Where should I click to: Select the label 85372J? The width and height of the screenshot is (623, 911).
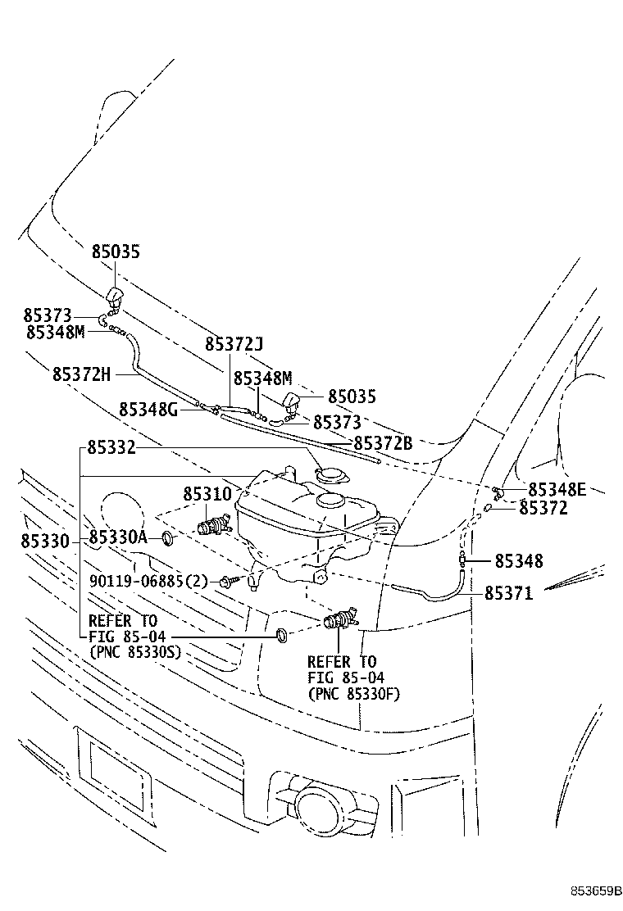[x=234, y=345]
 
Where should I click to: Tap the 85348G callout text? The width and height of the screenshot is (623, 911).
[x=148, y=408]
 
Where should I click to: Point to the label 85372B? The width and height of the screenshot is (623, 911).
[x=382, y=443]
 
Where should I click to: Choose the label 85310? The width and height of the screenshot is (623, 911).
[x=207, y=494]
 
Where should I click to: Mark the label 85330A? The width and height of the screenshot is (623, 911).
[x=118, y=537]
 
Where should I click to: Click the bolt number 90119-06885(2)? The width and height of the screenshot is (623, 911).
[x=148, y=582]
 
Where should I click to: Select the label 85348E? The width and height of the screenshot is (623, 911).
[x=557, y=490]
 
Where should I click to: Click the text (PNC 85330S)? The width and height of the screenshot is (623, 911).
[x=134, y=652]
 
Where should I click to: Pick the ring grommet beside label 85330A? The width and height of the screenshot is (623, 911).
[x=167, y=537]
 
